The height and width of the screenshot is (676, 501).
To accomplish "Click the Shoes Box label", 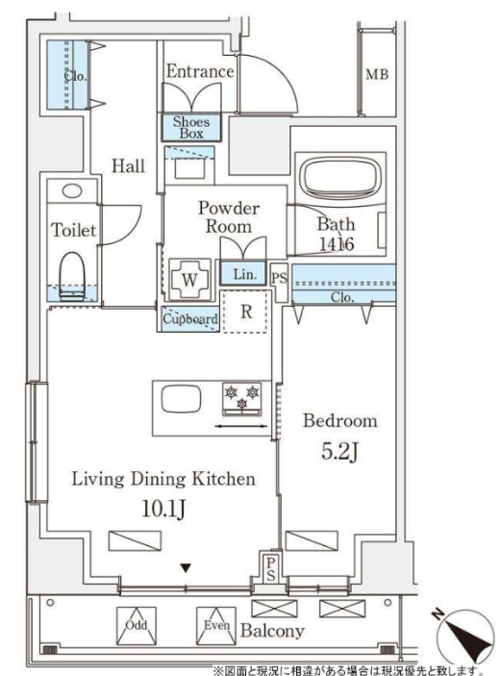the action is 191,128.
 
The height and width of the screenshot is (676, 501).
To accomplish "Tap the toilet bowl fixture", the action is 72,276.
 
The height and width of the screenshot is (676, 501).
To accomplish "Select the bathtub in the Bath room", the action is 340,177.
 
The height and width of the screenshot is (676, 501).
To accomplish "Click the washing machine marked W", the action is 189,280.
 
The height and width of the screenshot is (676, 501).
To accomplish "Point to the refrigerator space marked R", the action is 246,312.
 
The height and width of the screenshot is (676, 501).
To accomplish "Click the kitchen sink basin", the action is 181,399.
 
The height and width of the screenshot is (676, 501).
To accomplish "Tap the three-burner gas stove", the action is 242,399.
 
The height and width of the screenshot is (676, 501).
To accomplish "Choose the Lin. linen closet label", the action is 245,274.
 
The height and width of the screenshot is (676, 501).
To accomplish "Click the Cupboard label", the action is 189,319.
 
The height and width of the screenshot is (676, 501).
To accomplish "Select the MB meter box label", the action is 377,74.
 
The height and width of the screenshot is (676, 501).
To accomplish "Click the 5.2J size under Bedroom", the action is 340,451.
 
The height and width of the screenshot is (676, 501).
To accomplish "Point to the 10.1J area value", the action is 163,509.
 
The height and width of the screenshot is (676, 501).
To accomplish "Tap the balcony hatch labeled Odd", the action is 137,626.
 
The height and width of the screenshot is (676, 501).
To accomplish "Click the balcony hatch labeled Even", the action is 216,626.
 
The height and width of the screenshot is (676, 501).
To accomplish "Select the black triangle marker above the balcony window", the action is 186,568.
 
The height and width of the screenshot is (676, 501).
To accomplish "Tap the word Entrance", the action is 200,71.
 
